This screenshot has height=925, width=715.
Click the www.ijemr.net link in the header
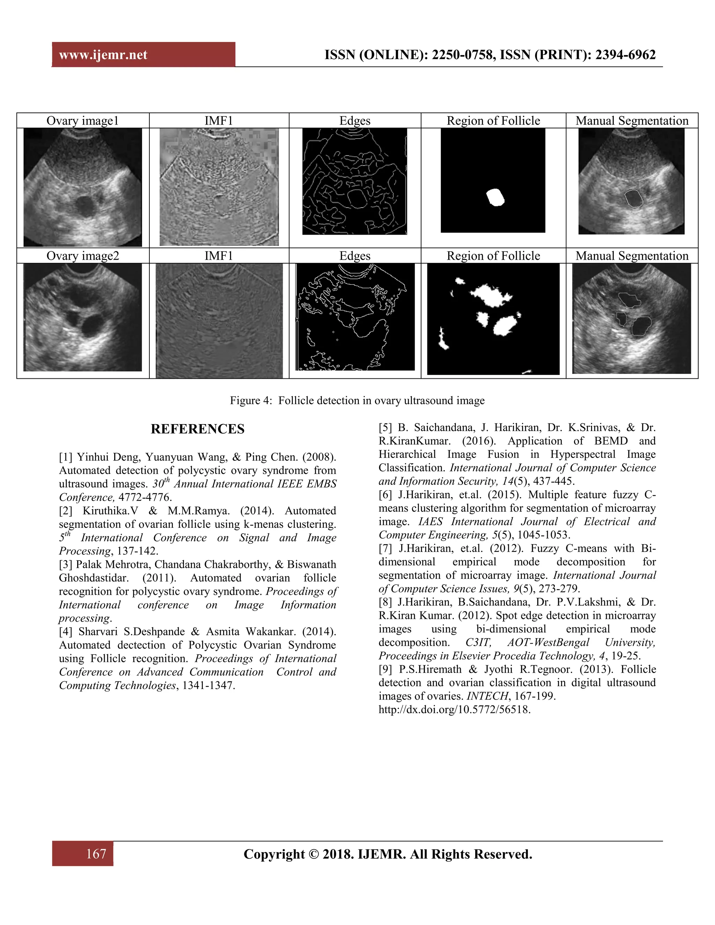click(x=103, y=55)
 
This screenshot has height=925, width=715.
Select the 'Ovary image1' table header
click(x=83, y=121)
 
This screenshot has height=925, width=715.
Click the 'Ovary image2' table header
click(x=83, y=256)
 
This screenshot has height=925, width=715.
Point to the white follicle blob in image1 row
click(x=495, y=197)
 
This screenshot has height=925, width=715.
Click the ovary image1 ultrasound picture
click(x=83, y=187)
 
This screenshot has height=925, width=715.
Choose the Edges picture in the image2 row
click(x=355, y=317)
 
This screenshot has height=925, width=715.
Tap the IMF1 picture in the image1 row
click(x=219, y=187)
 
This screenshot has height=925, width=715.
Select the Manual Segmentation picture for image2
click(x=631, y=318)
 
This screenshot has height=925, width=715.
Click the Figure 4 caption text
click(x=357, y=401)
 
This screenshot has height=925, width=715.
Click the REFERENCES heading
click(x=197, y=429)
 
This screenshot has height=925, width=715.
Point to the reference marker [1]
click(x=66, y=457)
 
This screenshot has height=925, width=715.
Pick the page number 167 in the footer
click(x=96, y=853)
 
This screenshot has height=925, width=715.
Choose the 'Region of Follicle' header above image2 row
click(x=493, y=256)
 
